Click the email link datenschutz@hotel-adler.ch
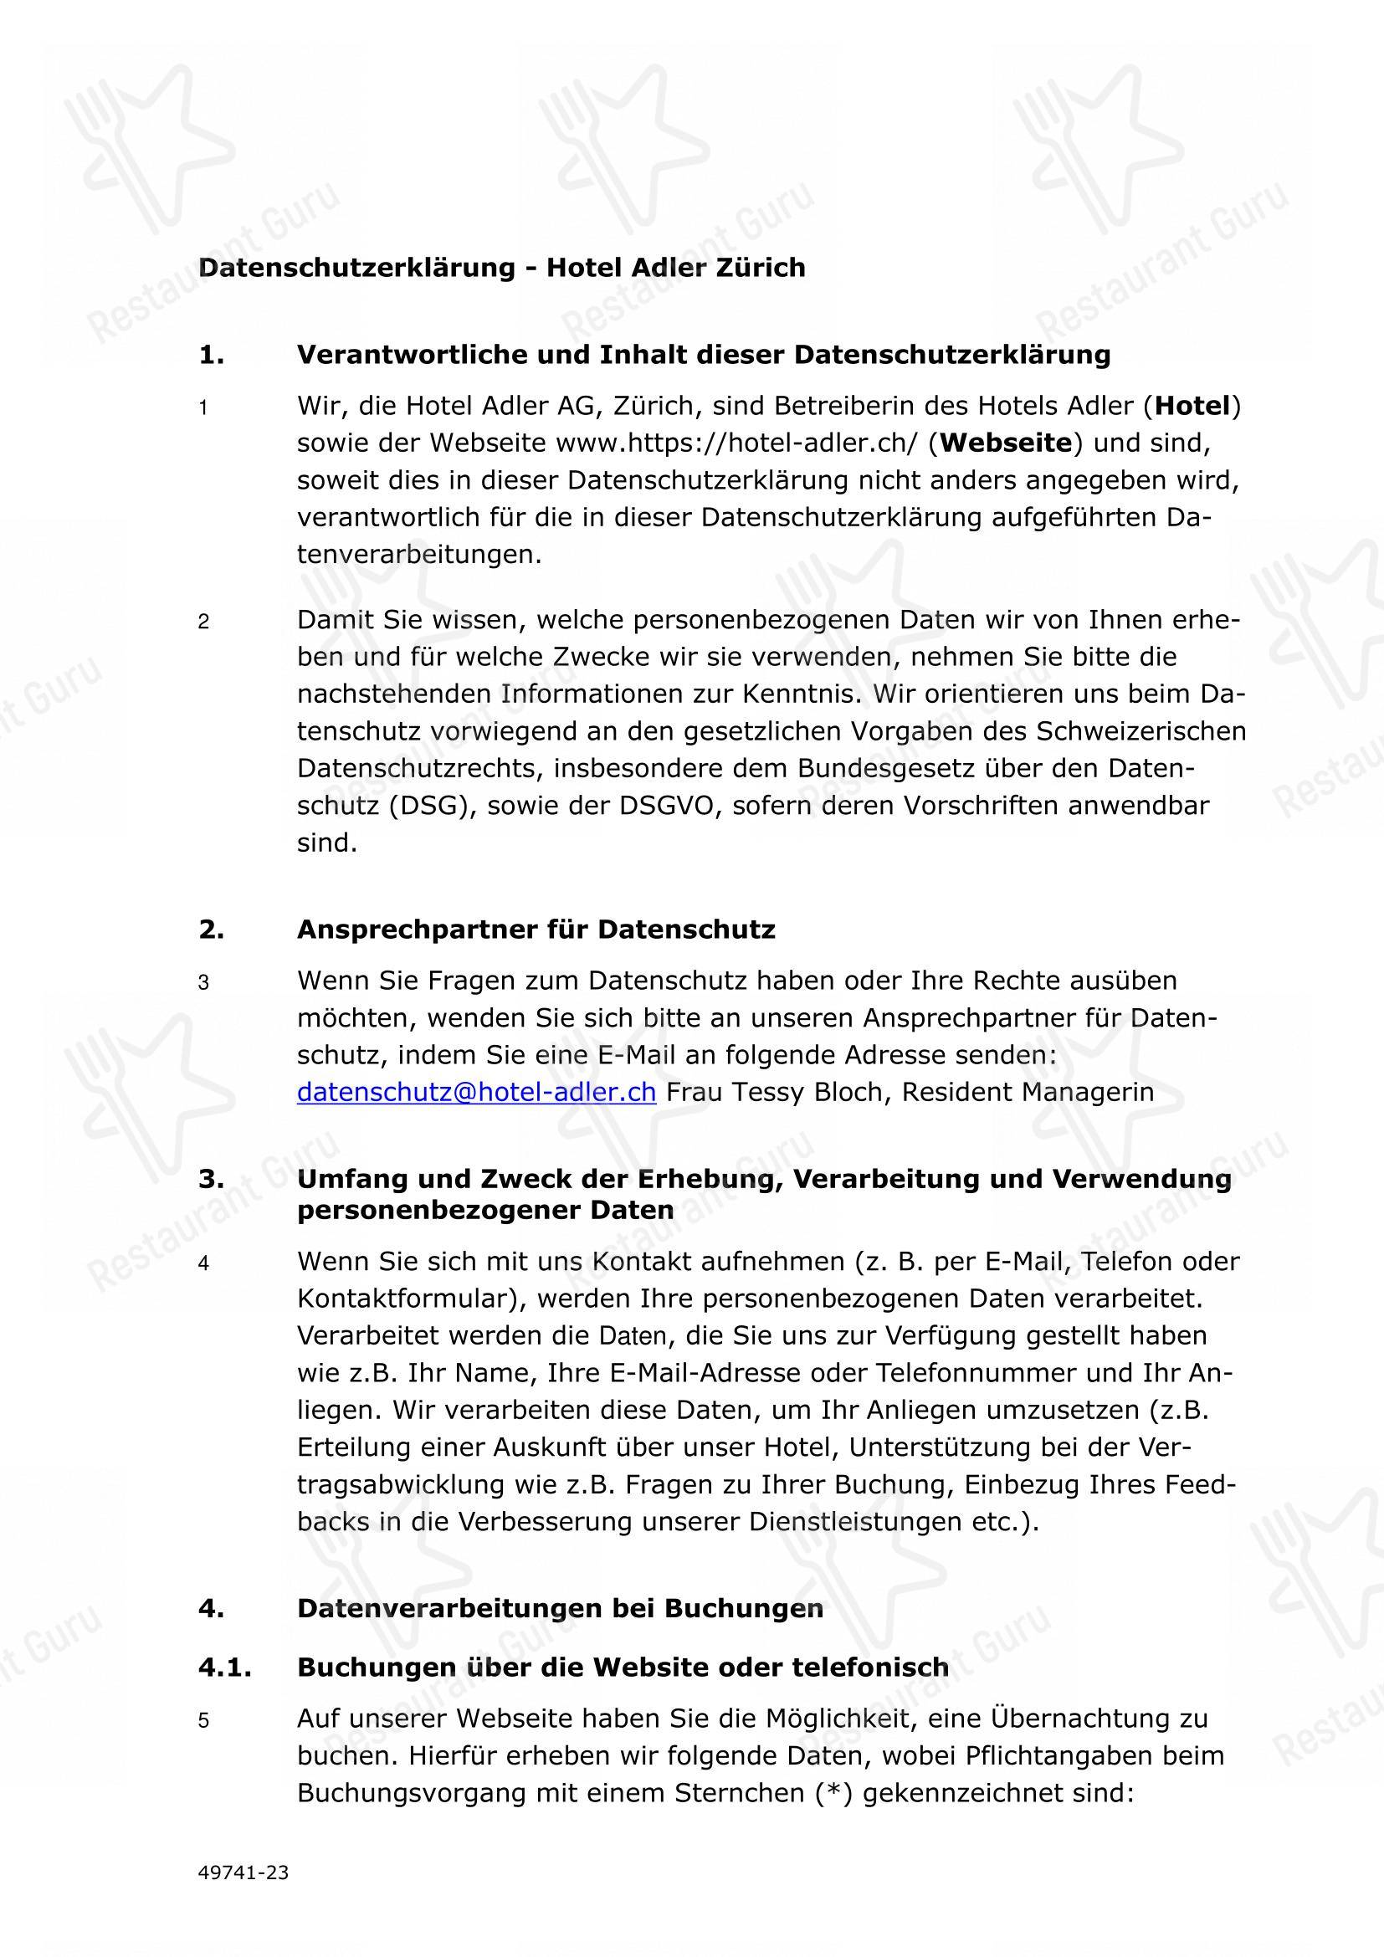pos(476,1093)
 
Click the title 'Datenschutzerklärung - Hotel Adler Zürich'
pos(502,268)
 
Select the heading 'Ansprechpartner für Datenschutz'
pos(536,929)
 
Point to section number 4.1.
pos(225,1668)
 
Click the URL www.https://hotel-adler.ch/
pos(737,443)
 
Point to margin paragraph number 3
pos(203,983)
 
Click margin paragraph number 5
pos(203,1721)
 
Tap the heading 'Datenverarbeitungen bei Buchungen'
pos(560,1608)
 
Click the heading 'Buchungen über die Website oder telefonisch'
pos(622,1668)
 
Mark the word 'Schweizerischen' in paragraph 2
pos(1141,731)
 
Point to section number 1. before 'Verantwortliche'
pos(212,355)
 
